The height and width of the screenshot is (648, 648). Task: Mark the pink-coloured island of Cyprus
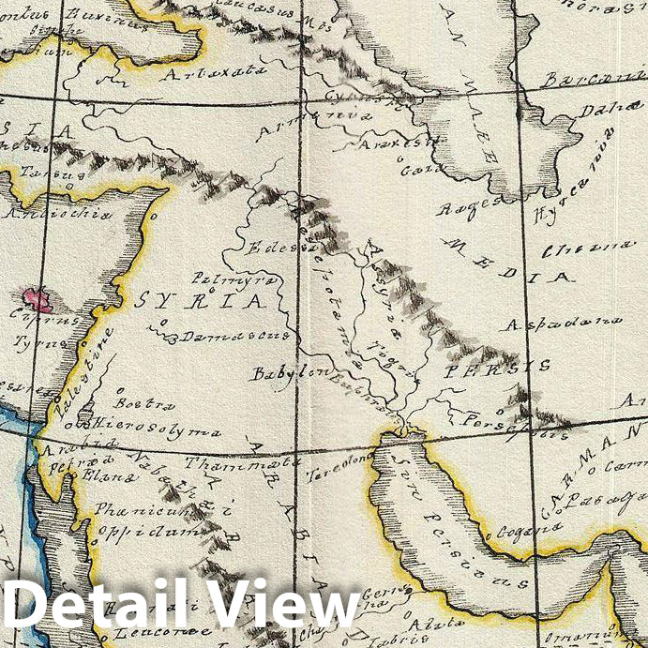coord(38,301)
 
